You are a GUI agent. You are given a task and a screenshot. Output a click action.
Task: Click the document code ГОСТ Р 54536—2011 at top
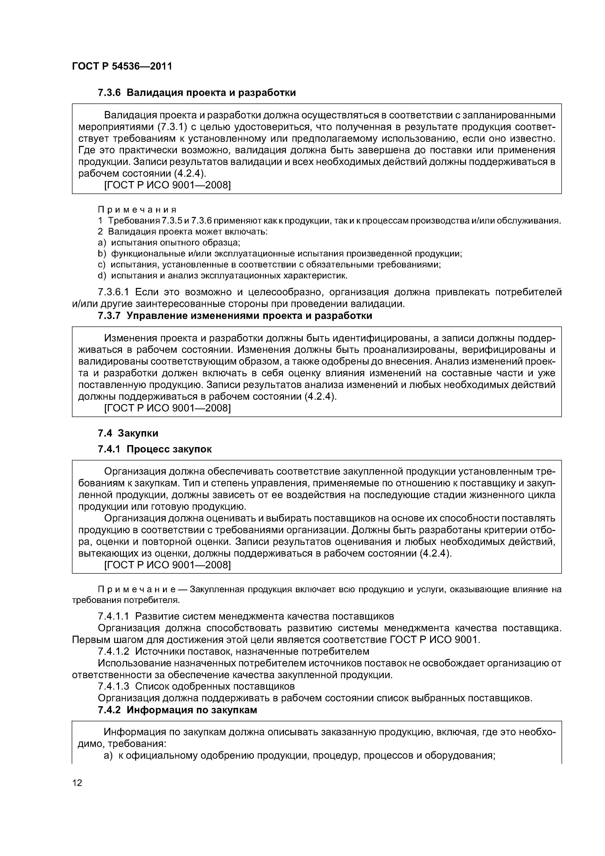122,66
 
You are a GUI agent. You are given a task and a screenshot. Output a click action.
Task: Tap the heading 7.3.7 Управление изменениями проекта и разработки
235,316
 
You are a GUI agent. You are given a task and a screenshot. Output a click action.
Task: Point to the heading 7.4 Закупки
128,433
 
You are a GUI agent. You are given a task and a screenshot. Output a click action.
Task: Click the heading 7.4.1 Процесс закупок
154,449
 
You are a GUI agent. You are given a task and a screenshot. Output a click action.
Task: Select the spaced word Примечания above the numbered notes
137,210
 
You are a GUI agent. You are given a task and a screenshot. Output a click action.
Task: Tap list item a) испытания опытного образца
169,243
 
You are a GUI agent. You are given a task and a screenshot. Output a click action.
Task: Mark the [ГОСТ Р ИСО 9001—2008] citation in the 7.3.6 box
167,185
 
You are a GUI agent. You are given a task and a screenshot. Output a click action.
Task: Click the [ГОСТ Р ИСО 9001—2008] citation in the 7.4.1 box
167,565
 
